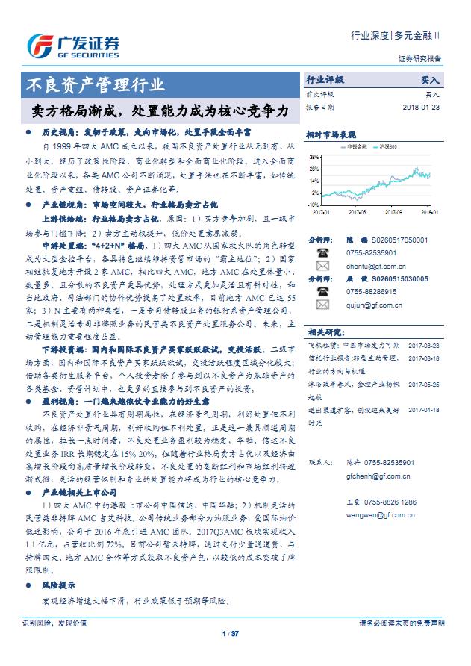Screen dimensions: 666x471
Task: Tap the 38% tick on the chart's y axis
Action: click(315, 158)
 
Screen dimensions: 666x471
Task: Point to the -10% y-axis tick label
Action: click(314, 202)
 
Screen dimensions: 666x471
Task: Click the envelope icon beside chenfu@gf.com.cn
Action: click(322, 264)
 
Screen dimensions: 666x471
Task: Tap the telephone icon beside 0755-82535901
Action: click(322, 252)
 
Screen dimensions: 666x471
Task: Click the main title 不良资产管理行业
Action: click(96, 84)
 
